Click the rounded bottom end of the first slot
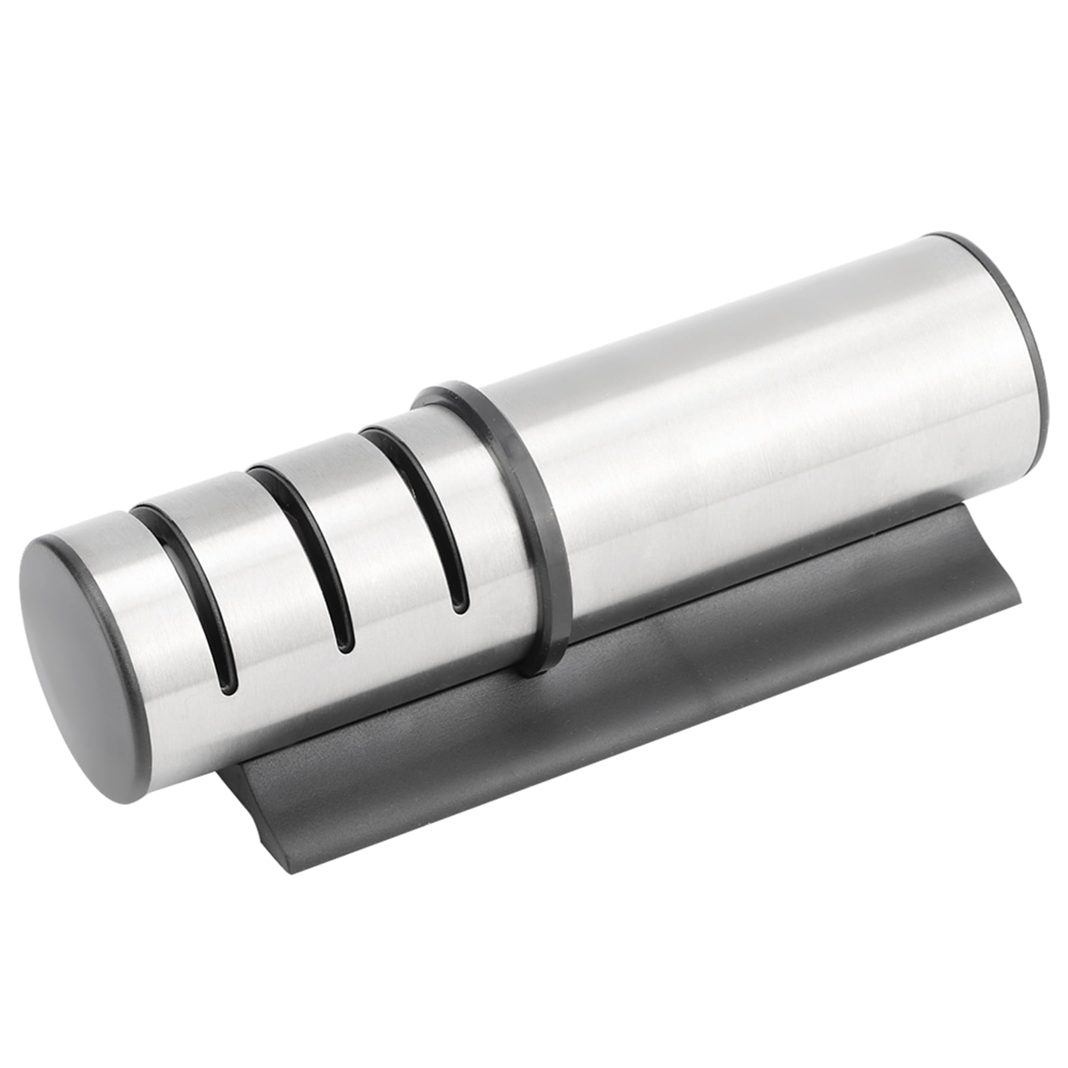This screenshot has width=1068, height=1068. tap(229, 680)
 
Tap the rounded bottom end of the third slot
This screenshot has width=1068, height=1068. tap(459, 604)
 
